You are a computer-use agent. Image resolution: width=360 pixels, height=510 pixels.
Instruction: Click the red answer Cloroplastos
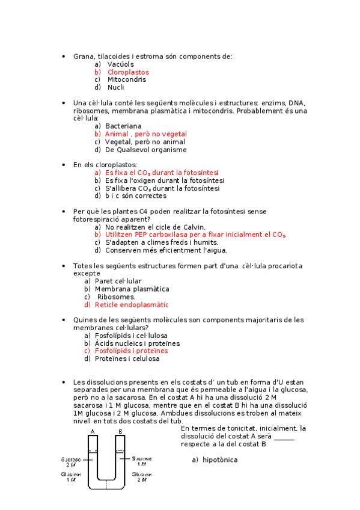[128, 72]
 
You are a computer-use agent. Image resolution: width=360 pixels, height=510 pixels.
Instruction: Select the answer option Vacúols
[120, 64]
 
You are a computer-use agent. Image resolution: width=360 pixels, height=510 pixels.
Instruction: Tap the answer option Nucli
[116, 87]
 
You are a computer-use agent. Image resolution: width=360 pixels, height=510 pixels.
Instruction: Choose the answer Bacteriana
[123, 126]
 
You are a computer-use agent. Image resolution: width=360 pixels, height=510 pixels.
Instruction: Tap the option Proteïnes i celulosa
[127, 358]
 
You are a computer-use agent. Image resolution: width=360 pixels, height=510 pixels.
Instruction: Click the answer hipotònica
[220, 460]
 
